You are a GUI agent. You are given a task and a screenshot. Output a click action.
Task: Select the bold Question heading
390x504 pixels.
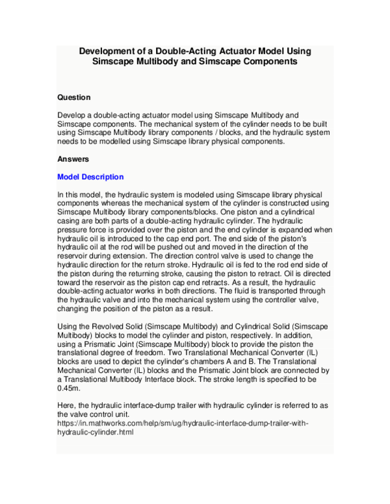coord(74,97)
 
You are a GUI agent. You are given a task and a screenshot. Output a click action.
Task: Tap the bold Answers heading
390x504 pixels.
coord(73,158)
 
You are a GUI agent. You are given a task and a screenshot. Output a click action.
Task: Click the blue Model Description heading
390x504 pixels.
coord(90,177)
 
